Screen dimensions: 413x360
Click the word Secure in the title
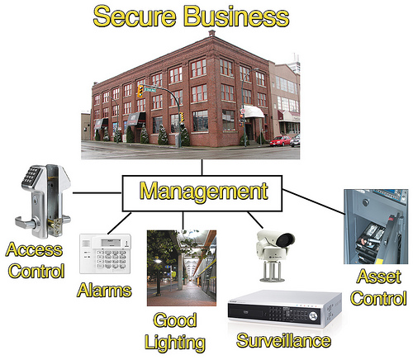coord(135,17)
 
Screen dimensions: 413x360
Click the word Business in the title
coord(236,17)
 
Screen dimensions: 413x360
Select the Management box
coord(202,193)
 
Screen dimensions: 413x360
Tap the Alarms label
coord(104,291)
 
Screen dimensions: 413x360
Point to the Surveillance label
coord(284,340)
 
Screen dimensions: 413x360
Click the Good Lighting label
coord(175,332)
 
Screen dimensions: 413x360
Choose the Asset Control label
coord(378,287)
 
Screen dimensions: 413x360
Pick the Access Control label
coord(35,260)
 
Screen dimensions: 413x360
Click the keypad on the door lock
coord(31,176)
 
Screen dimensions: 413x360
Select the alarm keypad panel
coord(105,253)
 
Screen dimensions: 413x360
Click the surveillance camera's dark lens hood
coord(285,240)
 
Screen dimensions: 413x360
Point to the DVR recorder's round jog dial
coord(313,316)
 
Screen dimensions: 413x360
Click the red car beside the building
coord(280,141)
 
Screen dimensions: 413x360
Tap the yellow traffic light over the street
coord(140,91)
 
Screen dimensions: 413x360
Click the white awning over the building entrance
coord(254,111)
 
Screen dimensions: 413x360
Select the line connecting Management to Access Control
coord(97,193)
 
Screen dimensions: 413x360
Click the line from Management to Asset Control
coord(313,201)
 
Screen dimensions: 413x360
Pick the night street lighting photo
coord(182,268)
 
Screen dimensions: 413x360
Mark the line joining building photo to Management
coord(202,168)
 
